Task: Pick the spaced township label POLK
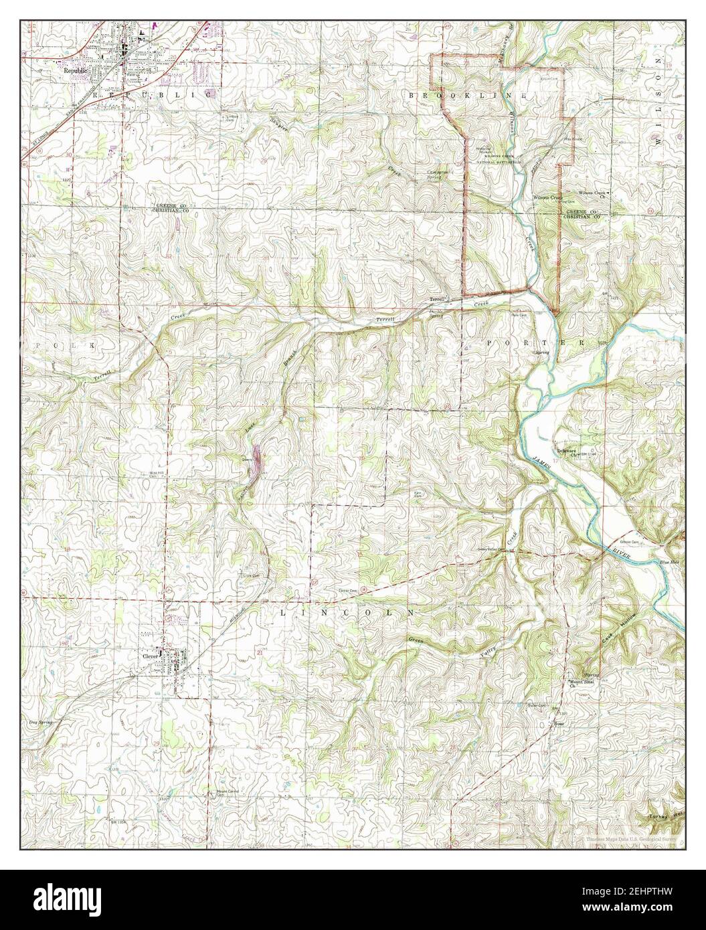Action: (x=60, y=343)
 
